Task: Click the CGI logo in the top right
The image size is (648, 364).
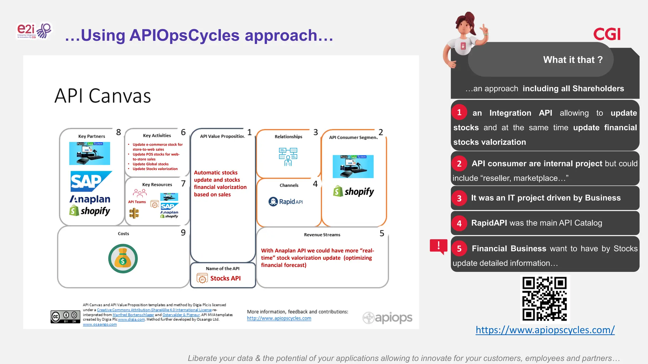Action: (607, 34)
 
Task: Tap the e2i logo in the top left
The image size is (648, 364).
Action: (34, 31)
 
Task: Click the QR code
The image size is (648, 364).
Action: (545, 299)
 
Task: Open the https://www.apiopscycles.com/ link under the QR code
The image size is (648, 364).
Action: (545, 330)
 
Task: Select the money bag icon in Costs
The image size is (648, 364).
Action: (123, 258)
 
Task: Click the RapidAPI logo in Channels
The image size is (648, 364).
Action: (286, 202)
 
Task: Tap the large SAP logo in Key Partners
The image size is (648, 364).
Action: (90, 181)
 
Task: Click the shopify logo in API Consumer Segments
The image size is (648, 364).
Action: (353, 191)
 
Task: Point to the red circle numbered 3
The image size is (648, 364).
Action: (459, 198)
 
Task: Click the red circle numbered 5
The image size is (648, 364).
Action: (459, 249)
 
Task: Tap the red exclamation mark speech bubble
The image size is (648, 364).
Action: (439, 246)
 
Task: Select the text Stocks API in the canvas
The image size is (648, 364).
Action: (225, 278)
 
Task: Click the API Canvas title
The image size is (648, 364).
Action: (103, 96)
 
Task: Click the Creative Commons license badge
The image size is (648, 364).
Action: (65, 317)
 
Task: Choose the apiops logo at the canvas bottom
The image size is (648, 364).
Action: (387, 318)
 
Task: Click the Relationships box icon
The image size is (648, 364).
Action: (288, 156)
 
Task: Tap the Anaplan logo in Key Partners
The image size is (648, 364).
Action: (90, 199)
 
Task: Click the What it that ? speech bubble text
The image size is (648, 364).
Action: (573, 60)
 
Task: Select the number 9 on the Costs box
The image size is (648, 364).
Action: (183, 233)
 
